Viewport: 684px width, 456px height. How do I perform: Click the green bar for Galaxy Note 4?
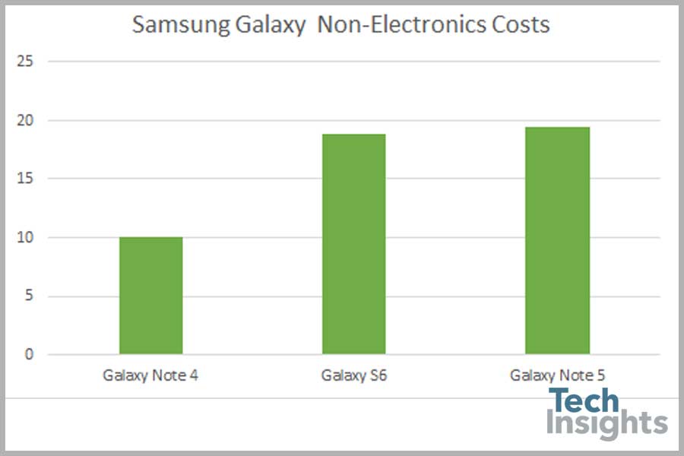(x=150, y=296)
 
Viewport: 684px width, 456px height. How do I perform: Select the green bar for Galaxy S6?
(x=353, y=244)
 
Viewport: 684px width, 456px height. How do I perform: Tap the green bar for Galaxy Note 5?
(x=557, y=240)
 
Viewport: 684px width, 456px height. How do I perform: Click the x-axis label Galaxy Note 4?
(x=150, y=375)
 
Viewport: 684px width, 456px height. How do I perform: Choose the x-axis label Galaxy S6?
(x=353, y=375)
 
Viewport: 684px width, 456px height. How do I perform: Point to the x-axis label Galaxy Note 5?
(x=557, y=375)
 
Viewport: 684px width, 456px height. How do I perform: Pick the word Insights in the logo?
(x=606, y=423)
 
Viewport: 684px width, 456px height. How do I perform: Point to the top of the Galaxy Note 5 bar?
(x=557, y=128)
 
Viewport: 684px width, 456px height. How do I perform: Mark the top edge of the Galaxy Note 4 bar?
(x=150, y=238)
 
